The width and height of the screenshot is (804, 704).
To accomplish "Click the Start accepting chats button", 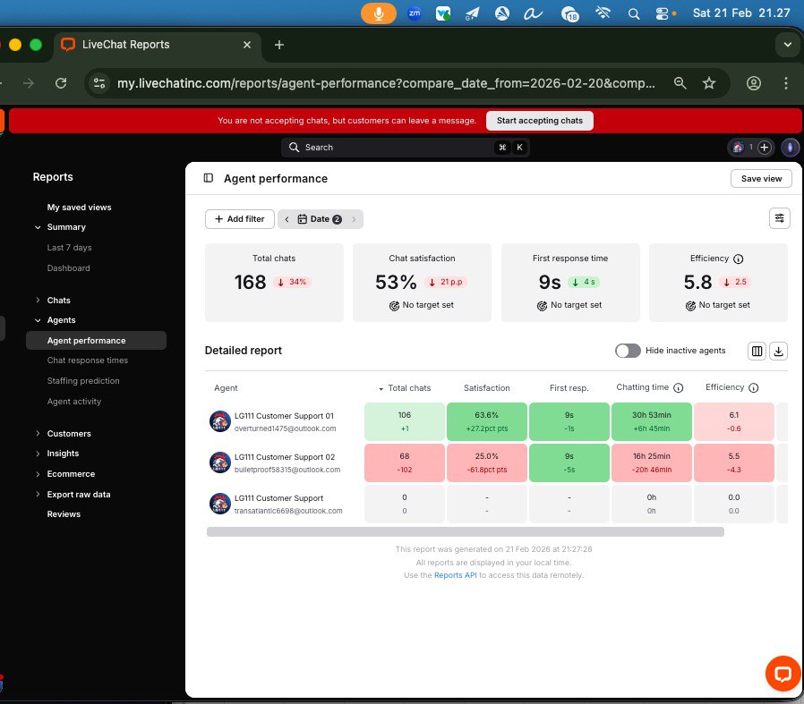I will click(539, 121).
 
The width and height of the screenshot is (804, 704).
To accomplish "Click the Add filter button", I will click(239, 219).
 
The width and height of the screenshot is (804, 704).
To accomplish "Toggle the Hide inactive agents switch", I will click(628, 351).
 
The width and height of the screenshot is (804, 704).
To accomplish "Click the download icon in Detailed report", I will click(778, 351).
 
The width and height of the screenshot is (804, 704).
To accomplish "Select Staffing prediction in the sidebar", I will click(83, 381).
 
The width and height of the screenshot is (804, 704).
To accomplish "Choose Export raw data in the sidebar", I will click(79, 494).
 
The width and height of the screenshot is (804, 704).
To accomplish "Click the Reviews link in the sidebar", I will click(64, 514).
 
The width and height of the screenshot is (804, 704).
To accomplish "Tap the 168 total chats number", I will click(251, 283).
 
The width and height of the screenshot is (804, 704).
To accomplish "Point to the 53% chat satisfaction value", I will click(396, 283).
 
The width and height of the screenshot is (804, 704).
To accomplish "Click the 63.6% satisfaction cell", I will click(486, 421).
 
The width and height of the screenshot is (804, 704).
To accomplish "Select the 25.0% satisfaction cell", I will click(486, 462).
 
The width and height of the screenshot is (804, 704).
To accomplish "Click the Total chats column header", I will click(408, 388).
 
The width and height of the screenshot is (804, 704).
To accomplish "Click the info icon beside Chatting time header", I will click(678, 388).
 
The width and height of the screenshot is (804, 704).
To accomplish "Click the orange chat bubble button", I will click(782, 674).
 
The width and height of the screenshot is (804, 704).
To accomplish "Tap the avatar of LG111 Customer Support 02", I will click(220, 462).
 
